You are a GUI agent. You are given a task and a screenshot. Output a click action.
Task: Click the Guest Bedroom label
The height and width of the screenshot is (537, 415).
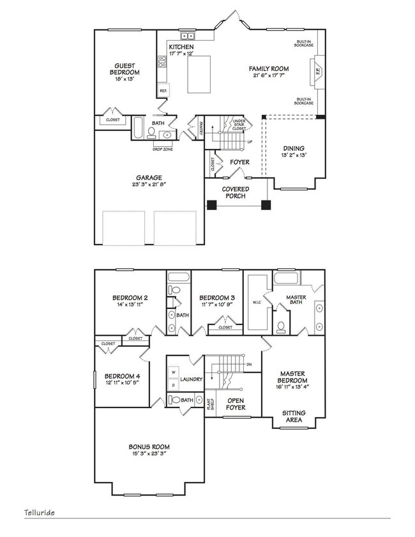click(x=128, y=69)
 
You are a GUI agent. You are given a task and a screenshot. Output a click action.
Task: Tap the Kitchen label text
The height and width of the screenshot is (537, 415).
click(x=181, y=48)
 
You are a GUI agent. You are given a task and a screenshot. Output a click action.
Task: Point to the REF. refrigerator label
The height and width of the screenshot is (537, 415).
click(x=163, y=91)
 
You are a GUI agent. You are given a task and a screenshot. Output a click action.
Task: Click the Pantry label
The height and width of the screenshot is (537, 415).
click(x=200, y=128)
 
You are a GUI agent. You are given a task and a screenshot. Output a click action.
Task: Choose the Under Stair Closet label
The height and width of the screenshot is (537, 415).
click(x=239, y=125)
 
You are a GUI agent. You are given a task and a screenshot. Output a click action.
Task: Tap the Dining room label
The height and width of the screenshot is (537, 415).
click(x=294, y=149)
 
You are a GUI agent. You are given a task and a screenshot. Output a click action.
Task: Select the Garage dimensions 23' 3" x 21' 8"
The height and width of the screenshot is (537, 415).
click(x=148, y=186)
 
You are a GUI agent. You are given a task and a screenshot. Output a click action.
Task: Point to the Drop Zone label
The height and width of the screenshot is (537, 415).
click(x=162, y=149)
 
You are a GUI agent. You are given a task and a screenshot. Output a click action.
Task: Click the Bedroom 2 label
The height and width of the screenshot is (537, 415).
click(x=130, y=298)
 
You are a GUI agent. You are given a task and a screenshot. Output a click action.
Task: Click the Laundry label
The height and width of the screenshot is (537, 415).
click(x=191, y=379)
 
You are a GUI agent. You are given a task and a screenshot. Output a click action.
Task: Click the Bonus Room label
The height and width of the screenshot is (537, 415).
click(x=149, y=446)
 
